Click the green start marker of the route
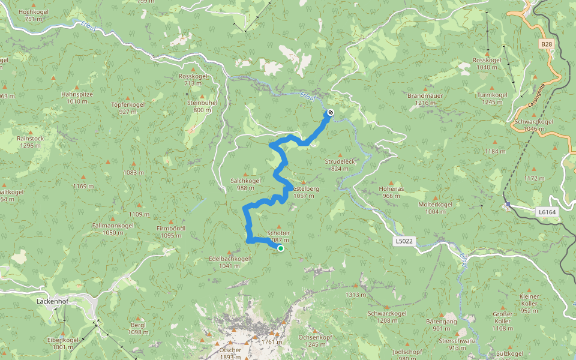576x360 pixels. point(280,248)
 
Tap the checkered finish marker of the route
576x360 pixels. point(329,113)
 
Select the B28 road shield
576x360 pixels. point(545,44)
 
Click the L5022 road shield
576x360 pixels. point(404,241)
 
